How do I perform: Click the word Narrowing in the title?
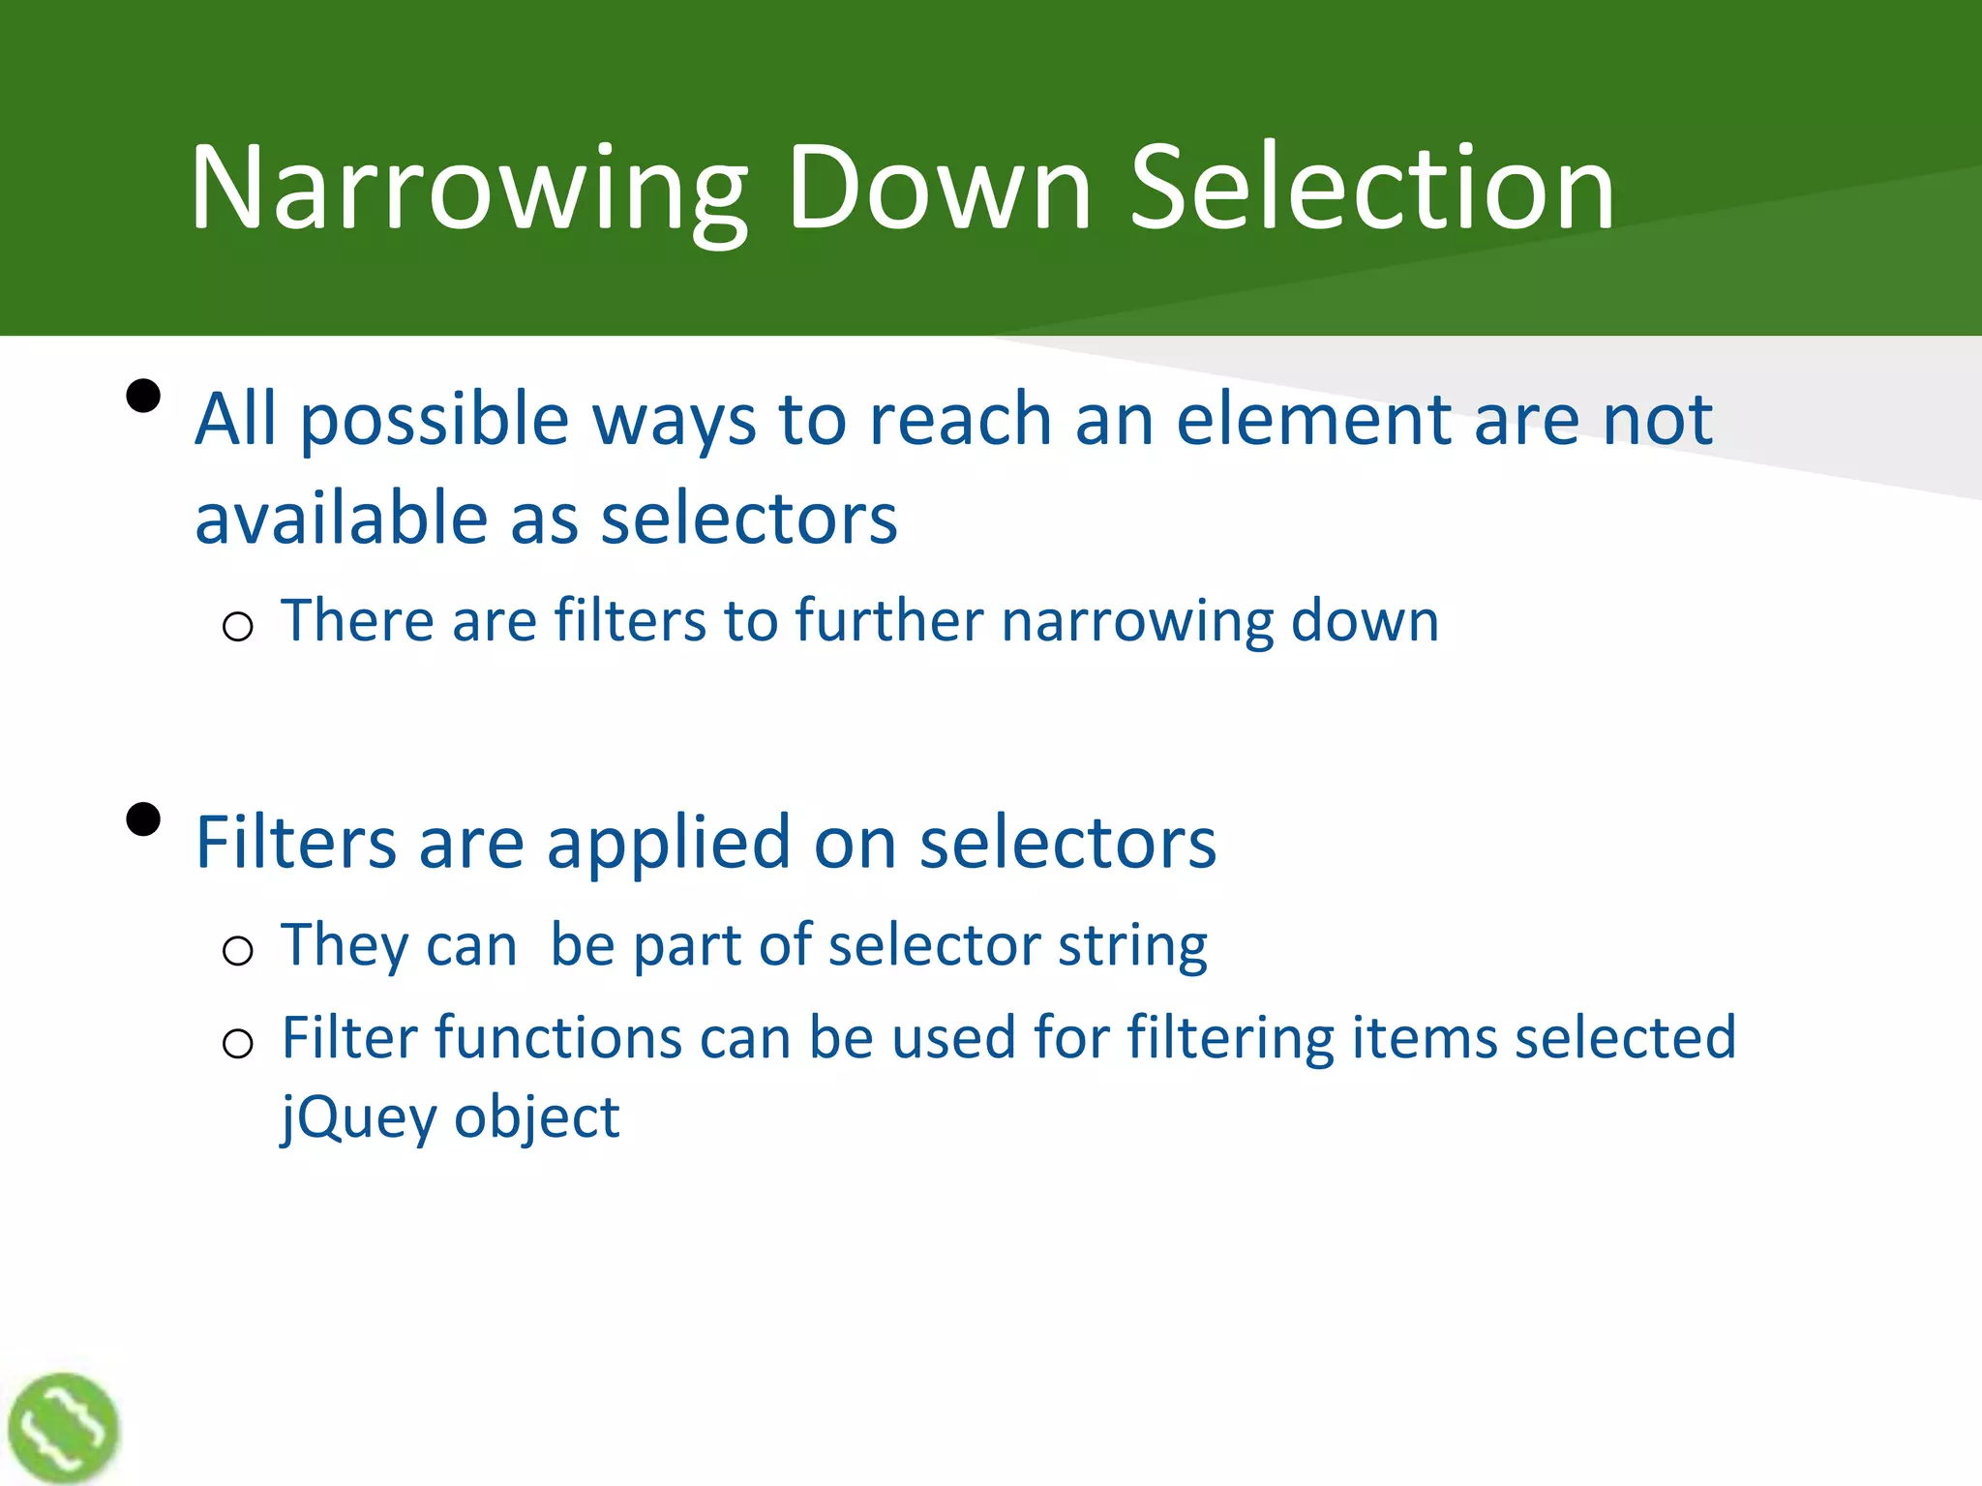click(x=468, y=189)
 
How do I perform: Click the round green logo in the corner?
click(x=63, y=1428)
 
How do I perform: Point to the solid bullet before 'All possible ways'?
click(x=143, y=397)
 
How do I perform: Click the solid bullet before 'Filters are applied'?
click(x=143, y=819)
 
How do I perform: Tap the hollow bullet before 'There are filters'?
click(x=238, y=627)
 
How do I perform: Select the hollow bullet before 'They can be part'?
click(x=238, y=951)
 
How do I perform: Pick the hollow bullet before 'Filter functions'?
click(x=238, y=1044)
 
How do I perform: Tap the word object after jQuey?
click(x=536, y=1117)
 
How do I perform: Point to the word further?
click(x=889, y=620)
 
